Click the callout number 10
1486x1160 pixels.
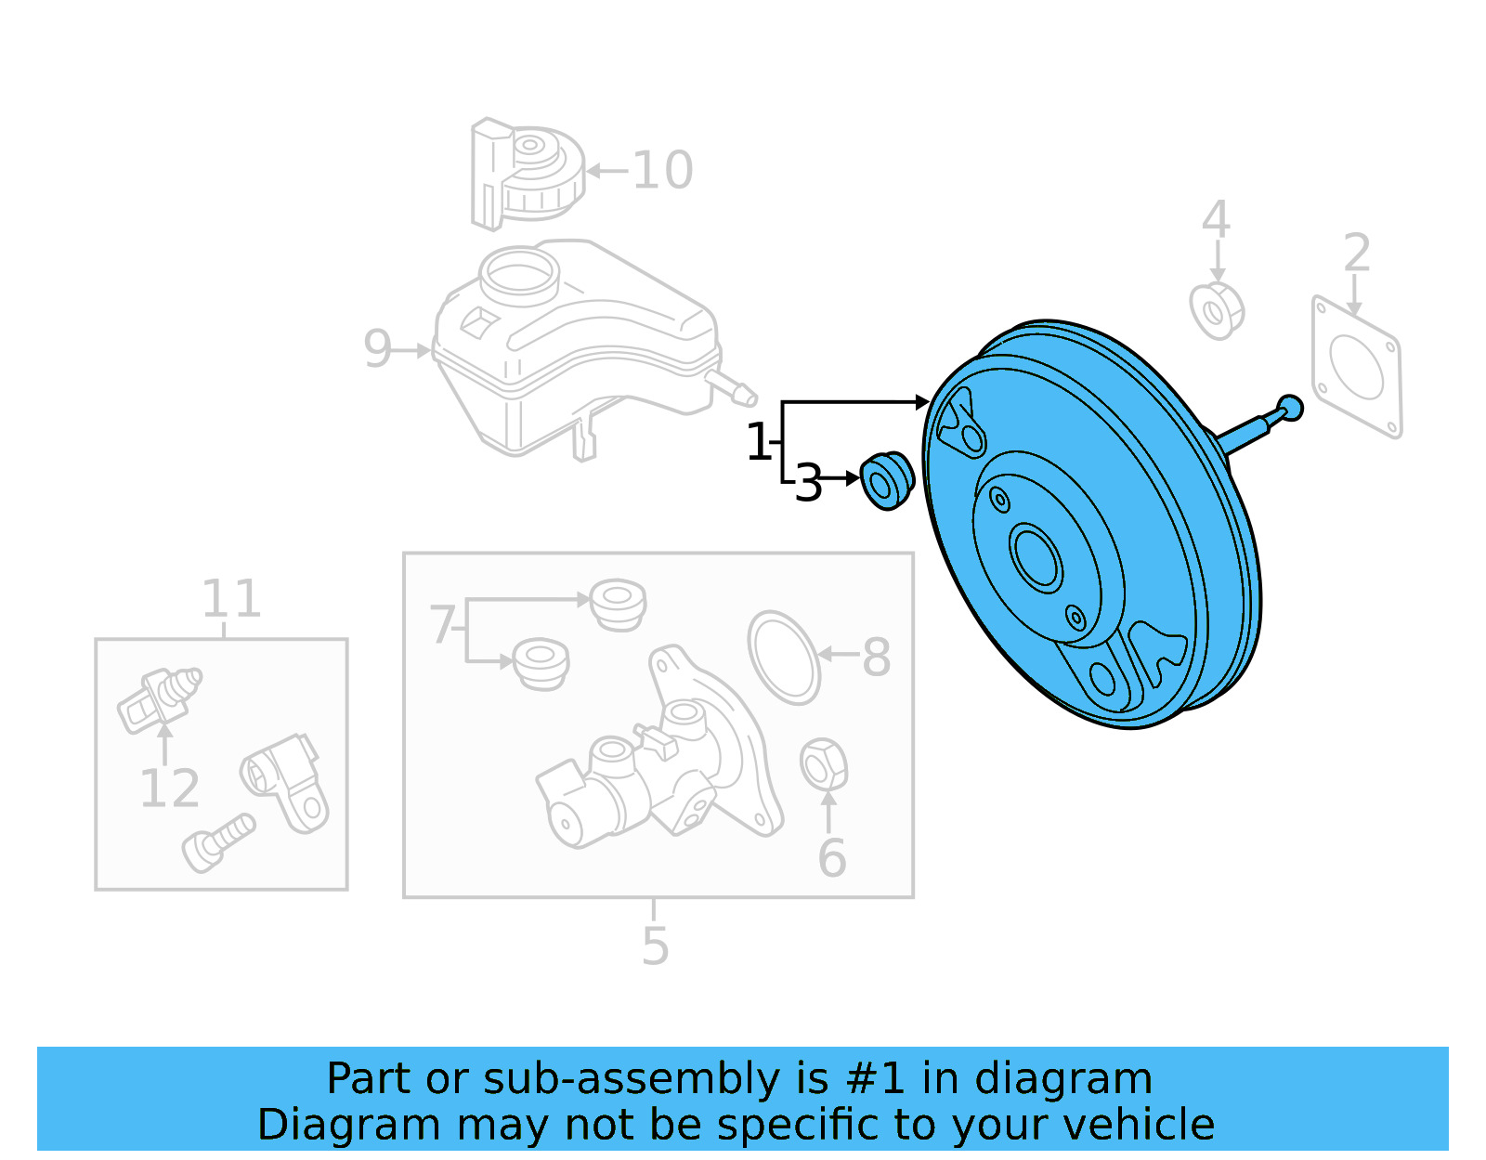click(x=662, y=171)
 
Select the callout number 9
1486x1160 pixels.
click(x=378, y=349)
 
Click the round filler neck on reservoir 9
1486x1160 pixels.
click(x=519, y=272)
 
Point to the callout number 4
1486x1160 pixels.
click(x=1216, y=221)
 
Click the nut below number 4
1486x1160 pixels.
click(x=1216, y=310)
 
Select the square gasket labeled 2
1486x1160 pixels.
click(x=1356, y=367)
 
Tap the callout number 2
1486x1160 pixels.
click(x=1357, y=253)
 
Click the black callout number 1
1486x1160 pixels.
click(x=759, y=442)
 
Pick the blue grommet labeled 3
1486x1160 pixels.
click(x=886, y=480)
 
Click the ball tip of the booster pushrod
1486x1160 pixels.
click(x=1290, y=407)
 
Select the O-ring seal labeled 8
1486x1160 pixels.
click(x=784, y=657)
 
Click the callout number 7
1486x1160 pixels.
click(x=442, y=625)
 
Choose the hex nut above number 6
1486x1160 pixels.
click(x=822, y=765)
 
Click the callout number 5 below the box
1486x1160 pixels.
click(x=655, y=946)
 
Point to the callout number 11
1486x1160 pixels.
click(x=231, y=599)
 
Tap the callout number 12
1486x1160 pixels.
click(x=169, y=789)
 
